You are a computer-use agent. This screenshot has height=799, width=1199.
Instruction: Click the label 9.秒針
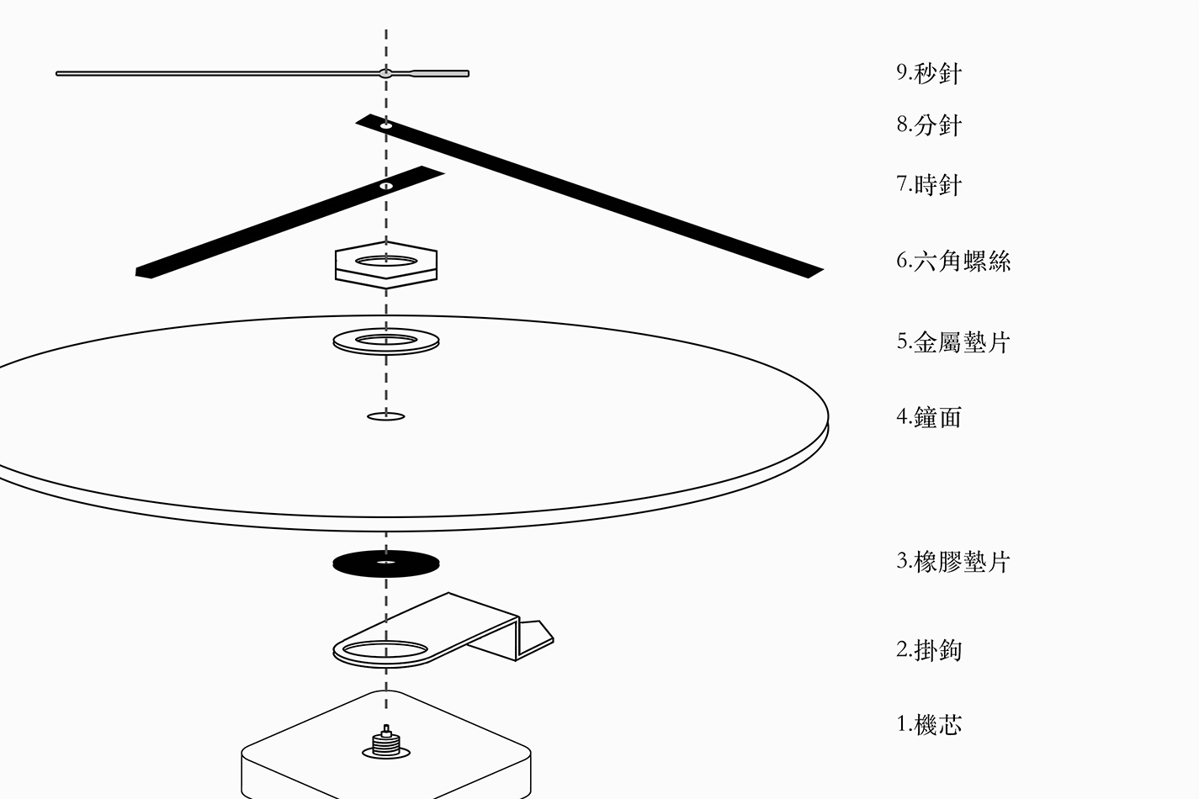coord(928,73)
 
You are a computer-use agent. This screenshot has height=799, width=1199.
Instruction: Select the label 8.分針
coord(928,125)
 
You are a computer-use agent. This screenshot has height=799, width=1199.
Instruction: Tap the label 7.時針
coord(928,184)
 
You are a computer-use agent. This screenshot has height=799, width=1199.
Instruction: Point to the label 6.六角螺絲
coord(952,261)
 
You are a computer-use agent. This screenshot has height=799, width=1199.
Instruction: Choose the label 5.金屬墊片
coord(952,341)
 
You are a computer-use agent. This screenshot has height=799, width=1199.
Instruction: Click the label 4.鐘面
coord(928,417)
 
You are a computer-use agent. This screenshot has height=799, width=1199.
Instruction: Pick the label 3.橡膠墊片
coord(952,562)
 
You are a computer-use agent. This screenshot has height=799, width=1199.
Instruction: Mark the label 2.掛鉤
coord(928,649)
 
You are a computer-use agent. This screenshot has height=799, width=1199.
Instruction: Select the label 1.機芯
coord(928,724)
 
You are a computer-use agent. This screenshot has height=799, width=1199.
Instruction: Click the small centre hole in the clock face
coord(386,415)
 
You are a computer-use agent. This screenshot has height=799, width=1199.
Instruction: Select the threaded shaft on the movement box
coord(386,741)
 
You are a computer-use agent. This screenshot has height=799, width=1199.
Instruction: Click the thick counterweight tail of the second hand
coord(442,73)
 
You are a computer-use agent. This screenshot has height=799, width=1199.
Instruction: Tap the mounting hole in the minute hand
coord(386,125)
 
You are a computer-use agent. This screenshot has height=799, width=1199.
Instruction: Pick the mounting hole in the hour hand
coord(386,186)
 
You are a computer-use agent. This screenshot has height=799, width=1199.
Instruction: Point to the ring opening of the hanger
coord(386,649)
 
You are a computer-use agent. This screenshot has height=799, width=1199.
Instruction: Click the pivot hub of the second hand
coord(385,73)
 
